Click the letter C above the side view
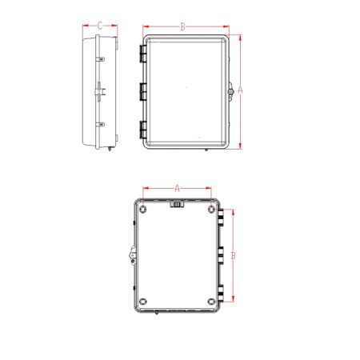coord(99,26)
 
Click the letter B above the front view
coord(182,26)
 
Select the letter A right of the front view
coord(241,91)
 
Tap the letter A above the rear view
coord(177,188)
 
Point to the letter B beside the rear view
coord(233,255)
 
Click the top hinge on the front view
coord(142,54)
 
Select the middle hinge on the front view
coord(142,91)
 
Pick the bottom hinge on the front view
coord(142,129)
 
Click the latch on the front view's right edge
coord(230,92)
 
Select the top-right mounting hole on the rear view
coord(210,210)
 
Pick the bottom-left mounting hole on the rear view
coord(142,302)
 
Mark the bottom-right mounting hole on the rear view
coord(210,302)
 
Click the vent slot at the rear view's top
coord(177,206)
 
